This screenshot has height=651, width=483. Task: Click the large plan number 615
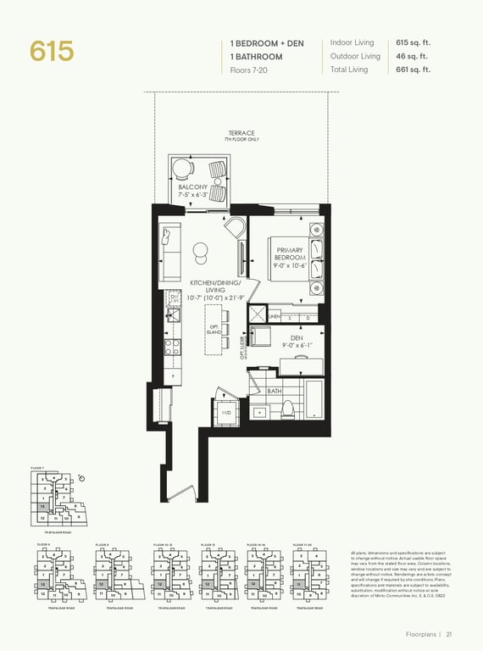click(x=52, y=51)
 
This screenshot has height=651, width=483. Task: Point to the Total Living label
click(x=350, y=70)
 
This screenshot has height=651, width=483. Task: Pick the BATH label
click(x=275, y=392)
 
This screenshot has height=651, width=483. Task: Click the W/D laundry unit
click(x=227, y=412)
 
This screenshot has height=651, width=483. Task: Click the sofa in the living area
click(x=169, y=252)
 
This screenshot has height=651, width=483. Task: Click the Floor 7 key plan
click(x=53, y=499)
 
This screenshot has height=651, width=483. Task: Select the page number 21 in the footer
click(x=449, y=633)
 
